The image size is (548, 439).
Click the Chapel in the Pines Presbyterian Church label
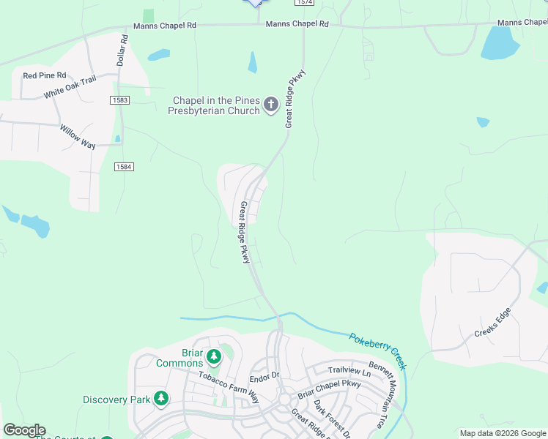(x=216, y=105)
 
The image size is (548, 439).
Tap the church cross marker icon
(x=271, y=105)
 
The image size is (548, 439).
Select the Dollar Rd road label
(x=122, y=49)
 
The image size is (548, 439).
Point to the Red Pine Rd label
(x=45, y=75)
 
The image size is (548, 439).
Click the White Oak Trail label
(x=70, y=88)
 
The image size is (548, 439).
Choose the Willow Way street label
(x=78, y=136)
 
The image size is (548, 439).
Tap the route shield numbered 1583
(x=120, y=100)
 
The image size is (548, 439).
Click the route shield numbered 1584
(x=124, y=167)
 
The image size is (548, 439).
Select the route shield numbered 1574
(x=305, y=3)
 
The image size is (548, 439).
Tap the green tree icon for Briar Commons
(x=214, y=357)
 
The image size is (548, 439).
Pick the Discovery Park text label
(x=116, y=399)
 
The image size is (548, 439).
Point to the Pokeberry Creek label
(x=377, y=351)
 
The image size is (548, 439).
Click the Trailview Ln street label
(x=345, y=370)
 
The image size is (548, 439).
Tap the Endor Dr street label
(x=264, y=376)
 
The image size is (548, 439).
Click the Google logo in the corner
(x=24, y=430)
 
